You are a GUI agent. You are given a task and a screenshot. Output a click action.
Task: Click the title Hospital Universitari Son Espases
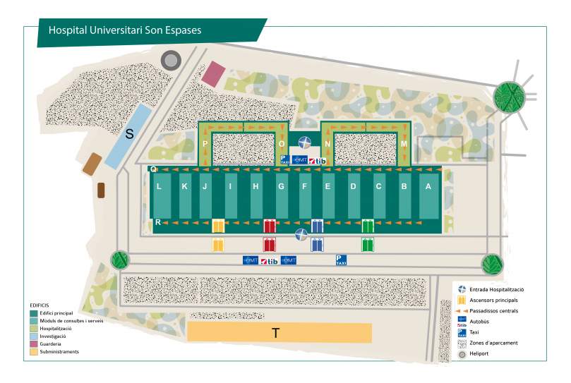(x=124, y=30)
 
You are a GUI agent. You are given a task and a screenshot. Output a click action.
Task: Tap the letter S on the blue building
(x=129, y=133)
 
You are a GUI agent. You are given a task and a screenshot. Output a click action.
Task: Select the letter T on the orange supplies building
(x=275, y=334)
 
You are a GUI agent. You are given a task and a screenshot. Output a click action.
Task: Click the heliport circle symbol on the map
(x=171, y=61)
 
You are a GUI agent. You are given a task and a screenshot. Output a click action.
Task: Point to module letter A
(x=427, y=187)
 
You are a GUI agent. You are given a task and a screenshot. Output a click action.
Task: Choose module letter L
(x=160, y=187)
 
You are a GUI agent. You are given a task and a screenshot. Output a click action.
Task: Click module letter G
(x=281, y=187)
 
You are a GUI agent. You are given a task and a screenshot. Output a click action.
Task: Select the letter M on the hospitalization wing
(x=404, y=144)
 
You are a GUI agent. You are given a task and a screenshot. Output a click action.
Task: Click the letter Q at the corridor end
(x=152, y=169)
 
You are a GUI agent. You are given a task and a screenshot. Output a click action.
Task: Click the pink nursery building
(x=213, y=73)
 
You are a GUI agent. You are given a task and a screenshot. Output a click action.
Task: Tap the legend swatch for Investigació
(x=33, y=337)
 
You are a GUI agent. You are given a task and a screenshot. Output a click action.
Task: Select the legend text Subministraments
(x=59, y=351)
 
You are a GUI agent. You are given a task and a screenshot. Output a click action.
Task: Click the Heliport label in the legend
(x=479, y=354)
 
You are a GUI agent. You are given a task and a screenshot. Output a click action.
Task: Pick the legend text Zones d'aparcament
(x=493, y=343)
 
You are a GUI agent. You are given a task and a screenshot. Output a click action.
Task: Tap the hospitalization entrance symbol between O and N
(x=305, y=143)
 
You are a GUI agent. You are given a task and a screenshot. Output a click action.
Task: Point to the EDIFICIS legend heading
(x=40, y=305)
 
